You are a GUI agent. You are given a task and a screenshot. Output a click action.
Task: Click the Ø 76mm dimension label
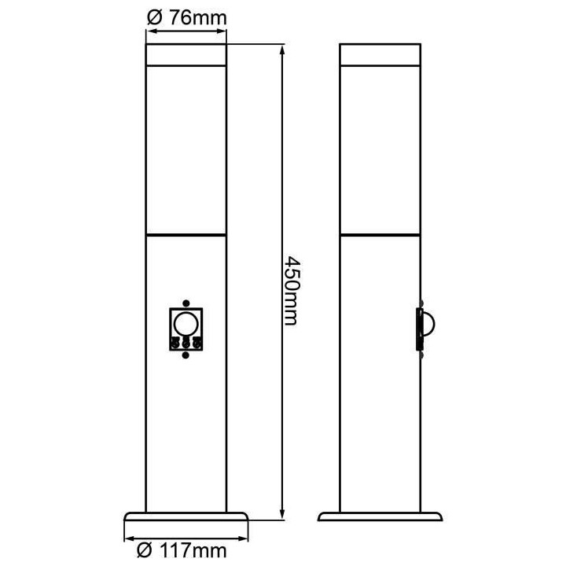coord(186,17)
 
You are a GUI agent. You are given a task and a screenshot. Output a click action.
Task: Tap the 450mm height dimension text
coord(292,291)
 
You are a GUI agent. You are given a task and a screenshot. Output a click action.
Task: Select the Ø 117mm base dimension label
coord(182,551)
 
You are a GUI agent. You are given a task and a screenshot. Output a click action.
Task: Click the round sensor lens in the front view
coord(186,325)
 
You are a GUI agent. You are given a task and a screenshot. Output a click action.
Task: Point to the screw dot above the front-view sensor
coord(186,303)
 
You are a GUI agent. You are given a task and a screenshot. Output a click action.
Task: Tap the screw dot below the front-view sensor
coord(186,355)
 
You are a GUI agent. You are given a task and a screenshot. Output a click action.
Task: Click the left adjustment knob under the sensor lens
coord(175,343)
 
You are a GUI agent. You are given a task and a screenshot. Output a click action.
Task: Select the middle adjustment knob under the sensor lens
coord(186,343)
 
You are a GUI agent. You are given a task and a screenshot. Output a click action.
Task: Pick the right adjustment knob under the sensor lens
coord(197,343)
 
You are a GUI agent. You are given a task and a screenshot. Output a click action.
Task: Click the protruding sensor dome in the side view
coord(428,325)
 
